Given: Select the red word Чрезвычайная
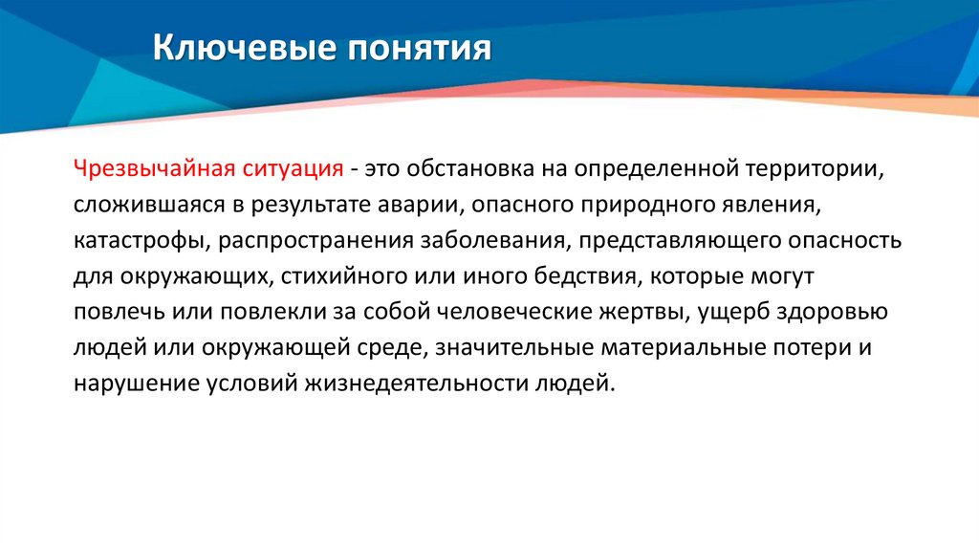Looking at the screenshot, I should pyautogui.click(x=147, y=168).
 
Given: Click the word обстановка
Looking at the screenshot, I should pyautogui.click(x=463, y=168).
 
